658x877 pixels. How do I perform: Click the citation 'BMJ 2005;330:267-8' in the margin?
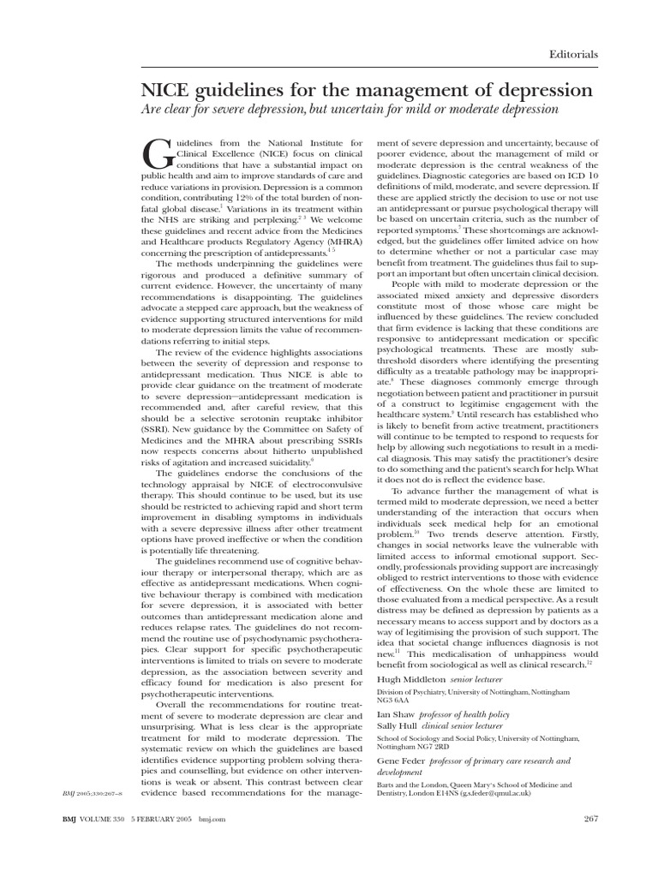coord(98,794)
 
